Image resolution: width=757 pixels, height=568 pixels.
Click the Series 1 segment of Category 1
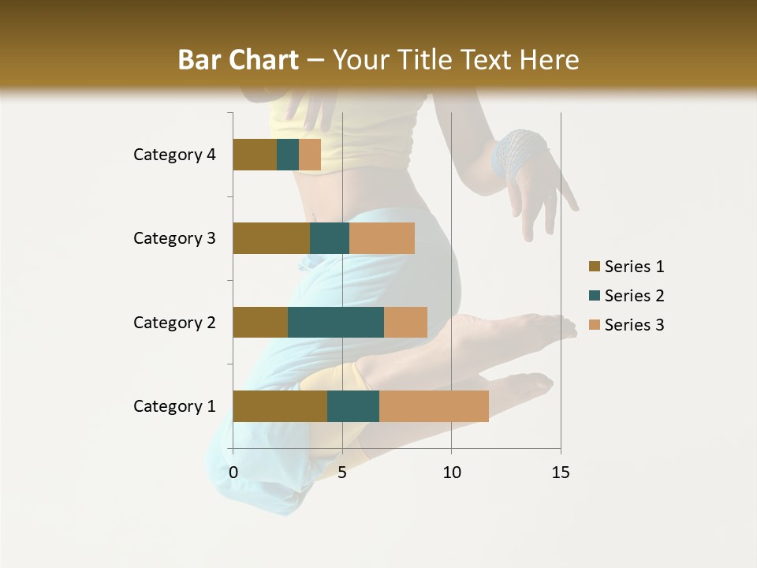(x=280, y=406)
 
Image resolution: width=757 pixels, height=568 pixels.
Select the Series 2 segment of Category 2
(x=336, y=322)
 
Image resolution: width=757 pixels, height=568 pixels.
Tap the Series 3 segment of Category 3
(x=382, y=238)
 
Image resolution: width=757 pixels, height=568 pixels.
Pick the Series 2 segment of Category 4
(x=288, y=155)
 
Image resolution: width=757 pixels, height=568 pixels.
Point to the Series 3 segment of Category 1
(x=434, y=406)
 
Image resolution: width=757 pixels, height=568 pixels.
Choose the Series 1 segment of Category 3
(x=271, y=238)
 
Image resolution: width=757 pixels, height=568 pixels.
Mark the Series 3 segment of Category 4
(x=310, y=155)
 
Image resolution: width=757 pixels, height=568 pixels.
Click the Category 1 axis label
(x=174, y=406)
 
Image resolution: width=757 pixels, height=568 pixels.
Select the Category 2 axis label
(x=174, y=322)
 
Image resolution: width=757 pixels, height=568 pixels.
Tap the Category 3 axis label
(x=174, y=238)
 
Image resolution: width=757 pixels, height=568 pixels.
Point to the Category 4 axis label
(x=174, y=155)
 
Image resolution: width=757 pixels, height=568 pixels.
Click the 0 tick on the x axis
(x=233, y=473)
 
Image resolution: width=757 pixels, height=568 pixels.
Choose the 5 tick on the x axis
(x=342, y=473)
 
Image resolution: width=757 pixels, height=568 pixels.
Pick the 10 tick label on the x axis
(x=451, y=473)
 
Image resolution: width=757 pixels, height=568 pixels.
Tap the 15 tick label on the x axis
(x=561, y=473)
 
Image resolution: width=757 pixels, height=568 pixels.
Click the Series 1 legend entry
(x=627, y=267)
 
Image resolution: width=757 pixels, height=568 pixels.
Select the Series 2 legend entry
(x=627, y=296)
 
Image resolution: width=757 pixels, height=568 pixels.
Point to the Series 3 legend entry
(x=627, y=325)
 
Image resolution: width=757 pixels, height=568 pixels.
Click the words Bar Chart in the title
(x=237, y=60)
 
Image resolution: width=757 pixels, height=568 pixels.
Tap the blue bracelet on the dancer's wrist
(x=518, y=151)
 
